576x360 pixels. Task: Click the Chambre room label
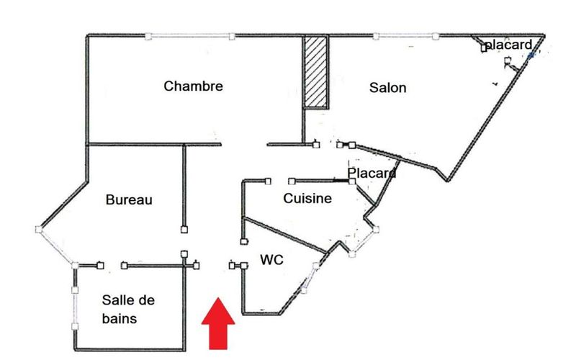[x=193, y=86]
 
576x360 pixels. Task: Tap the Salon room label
[x=388, y=88]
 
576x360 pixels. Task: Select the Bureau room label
[x=129, y=199]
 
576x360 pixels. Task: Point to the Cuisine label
[x=307, y=199]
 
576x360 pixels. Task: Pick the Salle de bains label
[x=129, y=308]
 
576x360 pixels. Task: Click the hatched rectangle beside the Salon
[x=315, y=72]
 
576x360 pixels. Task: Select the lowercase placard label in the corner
[x=508, y=45]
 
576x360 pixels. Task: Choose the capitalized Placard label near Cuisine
[x=372, y=174]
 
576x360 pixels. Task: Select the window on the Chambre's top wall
[x=189, y=35]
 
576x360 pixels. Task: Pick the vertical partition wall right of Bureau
[x=184, y=187]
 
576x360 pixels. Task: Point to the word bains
[x=119, y=317]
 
